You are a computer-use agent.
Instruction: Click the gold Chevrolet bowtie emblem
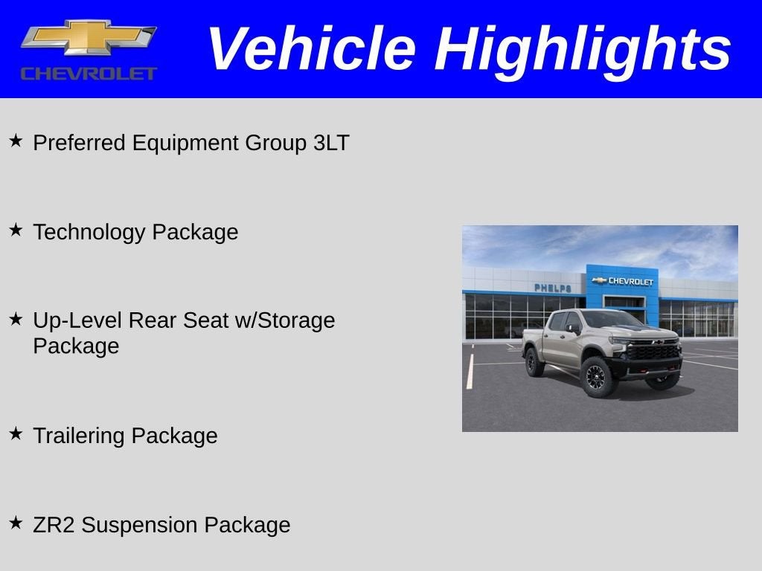pyautogui.click(x=89, y=37)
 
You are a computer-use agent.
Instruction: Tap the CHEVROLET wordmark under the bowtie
pyautogui.click(x=89, y=73)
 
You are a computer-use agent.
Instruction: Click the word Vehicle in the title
pyautogui.click(x=311, y=48)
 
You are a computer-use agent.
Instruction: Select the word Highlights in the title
pyautogui.click(x=583, y=50)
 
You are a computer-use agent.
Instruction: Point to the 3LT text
pyautogui.click(x=331, y=143)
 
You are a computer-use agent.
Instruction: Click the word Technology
pyautogui.click(x=89, y=233)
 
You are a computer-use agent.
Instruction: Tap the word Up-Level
pyautogui.click(x=77, y=320)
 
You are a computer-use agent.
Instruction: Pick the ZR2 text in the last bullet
pyautogui.click(x=54, y=525)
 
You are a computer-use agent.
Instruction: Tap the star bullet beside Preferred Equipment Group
pyautogui.click(x=16, y=140)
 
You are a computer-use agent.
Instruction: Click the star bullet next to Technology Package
pyautogui.click(x=16, y=230)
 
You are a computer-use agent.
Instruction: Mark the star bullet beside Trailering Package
pyautogui.click(x=16, y=433)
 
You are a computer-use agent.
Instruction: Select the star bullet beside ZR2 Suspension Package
pyautogui.click(x=16, y=523)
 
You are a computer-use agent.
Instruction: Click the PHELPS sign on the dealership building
pyautogui.click(x=552, y=288)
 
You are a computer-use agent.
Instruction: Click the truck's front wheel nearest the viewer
pyautogui.click(x=597, y=377)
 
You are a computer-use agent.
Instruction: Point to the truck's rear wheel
pyautogui.click(x=534, y=362)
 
